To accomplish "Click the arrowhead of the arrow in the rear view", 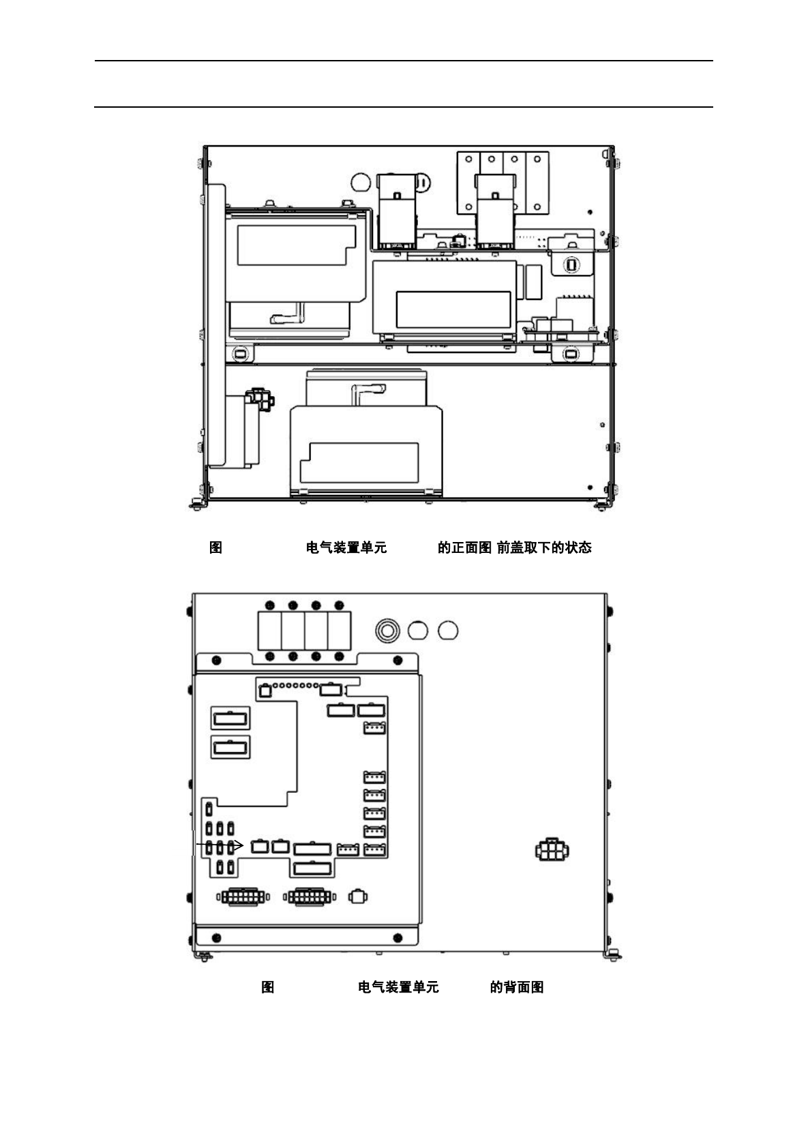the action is point(240,845).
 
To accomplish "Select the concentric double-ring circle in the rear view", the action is point(387,630).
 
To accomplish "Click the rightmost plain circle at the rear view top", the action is point(447,630).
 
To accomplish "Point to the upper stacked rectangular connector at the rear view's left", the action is point(230,718).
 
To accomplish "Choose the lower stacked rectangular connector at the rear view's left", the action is point(230,747).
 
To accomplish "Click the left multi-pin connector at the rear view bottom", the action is point(243,897).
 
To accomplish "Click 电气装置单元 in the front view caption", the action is point(346,547).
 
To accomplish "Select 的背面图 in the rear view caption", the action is point(516,987).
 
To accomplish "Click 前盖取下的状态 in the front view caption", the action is point(544,547).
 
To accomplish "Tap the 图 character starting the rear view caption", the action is point(268,987).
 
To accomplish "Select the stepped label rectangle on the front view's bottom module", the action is point(359,462).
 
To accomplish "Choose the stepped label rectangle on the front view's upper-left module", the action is point(296,245).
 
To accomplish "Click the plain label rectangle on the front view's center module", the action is point(453,308).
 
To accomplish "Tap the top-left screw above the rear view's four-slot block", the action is point(270,605).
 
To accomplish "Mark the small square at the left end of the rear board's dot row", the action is point(265,691).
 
